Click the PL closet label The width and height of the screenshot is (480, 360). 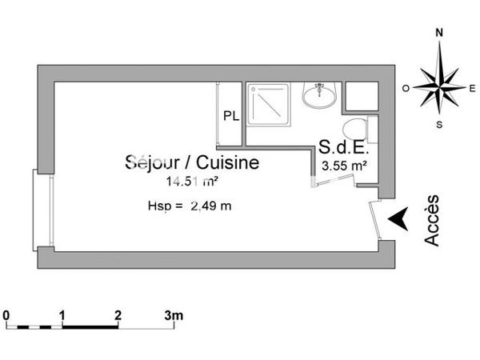point(230,115)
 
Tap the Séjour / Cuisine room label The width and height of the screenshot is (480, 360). point(192,163)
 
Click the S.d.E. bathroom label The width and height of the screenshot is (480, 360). point(342,148)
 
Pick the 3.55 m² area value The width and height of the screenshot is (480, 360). point(344,166)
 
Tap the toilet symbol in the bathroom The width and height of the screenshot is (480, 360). point(354,128)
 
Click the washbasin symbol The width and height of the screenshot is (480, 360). point(320,96)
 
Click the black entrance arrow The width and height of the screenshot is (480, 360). point(397,217)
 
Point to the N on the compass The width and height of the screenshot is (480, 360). point(439,34)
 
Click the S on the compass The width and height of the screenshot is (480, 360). point(439,124)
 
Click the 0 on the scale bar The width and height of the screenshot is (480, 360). point(6,314)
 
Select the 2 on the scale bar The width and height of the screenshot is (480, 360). point(118,314)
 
